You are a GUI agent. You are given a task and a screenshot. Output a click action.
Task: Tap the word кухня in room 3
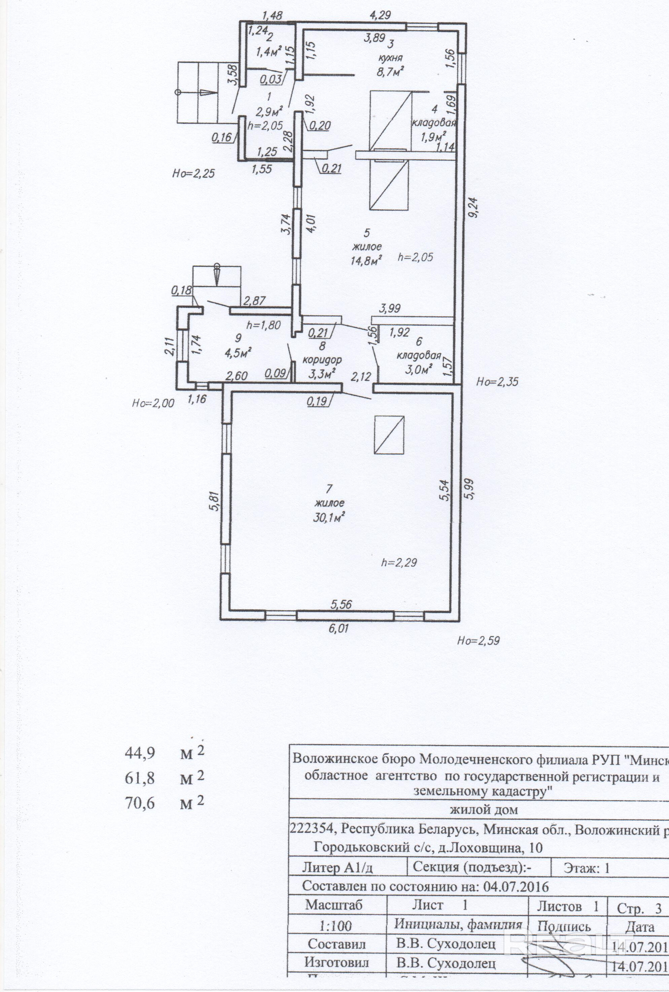point(390,58)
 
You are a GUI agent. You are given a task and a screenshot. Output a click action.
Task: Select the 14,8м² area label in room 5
point(366,260)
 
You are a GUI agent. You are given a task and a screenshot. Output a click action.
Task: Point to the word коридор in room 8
point(322,359)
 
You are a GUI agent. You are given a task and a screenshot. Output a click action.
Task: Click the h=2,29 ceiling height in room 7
point(398,562)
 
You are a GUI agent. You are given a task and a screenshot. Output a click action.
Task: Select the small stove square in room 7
point(389,435)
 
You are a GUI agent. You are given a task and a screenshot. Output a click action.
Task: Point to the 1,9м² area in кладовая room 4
point(433,137)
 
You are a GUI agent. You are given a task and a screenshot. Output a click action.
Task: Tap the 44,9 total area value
point(140,753)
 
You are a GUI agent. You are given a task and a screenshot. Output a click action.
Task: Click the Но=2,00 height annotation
point(153,403)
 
